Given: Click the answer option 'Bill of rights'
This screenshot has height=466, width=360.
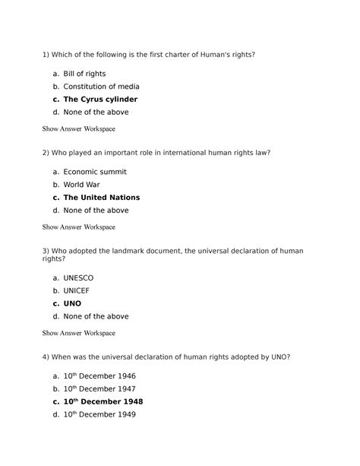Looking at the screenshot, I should point(84,74).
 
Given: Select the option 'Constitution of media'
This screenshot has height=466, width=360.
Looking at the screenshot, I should point(96,87).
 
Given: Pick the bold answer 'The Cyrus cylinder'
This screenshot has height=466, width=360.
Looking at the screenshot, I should point(100,100).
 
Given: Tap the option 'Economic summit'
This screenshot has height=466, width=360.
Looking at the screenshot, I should point(95,172).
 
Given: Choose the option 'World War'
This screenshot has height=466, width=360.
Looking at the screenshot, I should point(83,185).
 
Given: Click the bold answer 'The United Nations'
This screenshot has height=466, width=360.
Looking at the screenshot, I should point(101,198).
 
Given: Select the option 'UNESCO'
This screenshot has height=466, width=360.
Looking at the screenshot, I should point(78,278).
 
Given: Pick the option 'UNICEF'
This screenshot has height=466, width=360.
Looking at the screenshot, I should point(77,291).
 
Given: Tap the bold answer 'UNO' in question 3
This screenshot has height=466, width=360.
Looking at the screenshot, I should point(72,303).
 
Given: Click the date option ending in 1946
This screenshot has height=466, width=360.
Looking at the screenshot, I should point(99,376).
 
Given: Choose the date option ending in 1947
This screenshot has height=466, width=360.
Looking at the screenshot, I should point(99,389).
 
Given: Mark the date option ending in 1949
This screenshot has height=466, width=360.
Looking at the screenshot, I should point(99,414).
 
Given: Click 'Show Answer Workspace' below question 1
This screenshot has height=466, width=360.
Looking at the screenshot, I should point(79,128).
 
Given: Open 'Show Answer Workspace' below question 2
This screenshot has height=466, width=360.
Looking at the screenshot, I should point(79,227).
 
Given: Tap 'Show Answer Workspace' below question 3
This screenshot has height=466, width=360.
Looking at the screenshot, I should point(79,333).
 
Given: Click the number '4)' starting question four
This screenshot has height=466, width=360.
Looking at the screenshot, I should point(47,357).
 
